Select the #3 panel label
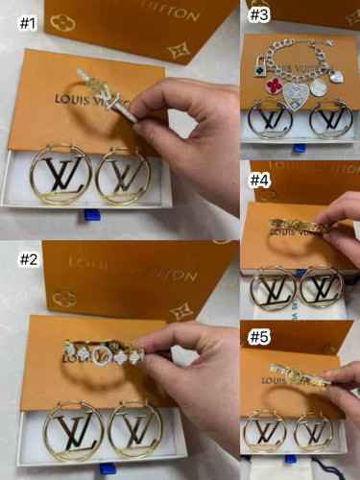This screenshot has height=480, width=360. (260, 13)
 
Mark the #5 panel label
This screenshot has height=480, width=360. (260, 337)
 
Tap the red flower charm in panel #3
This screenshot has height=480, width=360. (276, 84)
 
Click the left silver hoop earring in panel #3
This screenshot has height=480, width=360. (270, 121)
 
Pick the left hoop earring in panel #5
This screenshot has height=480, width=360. (264, 430)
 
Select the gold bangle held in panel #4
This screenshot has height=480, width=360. (298, 226)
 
